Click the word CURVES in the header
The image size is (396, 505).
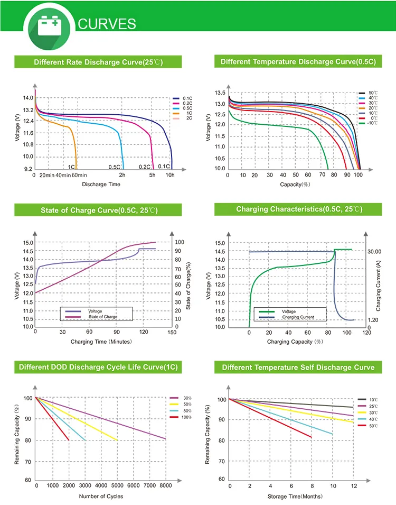[107, 24]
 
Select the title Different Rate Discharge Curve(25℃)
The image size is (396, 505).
[98, 62]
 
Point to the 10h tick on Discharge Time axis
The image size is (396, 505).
[170, 175]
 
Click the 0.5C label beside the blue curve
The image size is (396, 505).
[115, 167]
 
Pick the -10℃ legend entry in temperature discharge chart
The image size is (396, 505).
[369, 123]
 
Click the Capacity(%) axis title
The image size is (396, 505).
[294, 185]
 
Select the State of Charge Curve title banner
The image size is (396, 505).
[99, 210]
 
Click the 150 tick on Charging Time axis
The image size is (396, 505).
[171, 333]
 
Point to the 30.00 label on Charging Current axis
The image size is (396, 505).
[374, 252]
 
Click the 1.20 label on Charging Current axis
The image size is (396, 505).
[373, 320]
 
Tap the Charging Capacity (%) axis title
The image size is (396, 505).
[295, 342]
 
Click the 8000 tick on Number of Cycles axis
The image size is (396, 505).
[166, 485]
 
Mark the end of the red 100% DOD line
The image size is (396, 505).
[69, 440]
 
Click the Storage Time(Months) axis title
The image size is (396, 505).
[295, 496]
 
